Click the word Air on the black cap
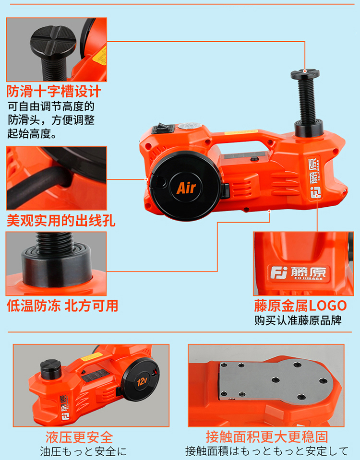point(186,188)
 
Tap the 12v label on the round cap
point(142,381)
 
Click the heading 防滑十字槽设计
point(54,92)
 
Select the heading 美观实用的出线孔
point(61,220)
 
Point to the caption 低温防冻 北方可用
point(62,306)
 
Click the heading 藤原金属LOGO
point(300,306)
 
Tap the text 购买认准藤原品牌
point(298,320)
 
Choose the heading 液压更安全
point(79,437)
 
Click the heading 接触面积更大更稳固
point(267,437)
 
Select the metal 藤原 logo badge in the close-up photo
point(299,273)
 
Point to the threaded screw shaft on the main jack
point(305,100)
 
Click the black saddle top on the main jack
point(305,73)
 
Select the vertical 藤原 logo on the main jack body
point(314,178)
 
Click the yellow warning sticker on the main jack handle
point(241,132)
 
